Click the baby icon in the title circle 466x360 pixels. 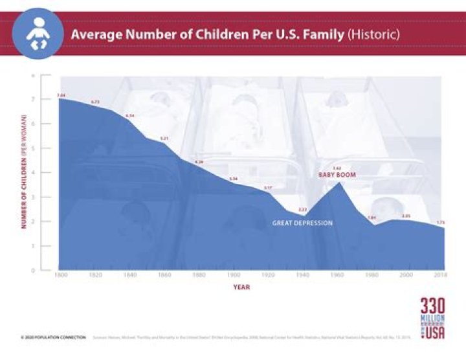pyautogui.click(x=38, y=34)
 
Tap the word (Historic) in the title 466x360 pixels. pyautogui.click(x=374, y=33)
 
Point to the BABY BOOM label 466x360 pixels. pyautogui.click(x=337, y=175)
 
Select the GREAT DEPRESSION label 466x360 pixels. pyautogui.click(x=303, y=223)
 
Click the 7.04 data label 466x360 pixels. pyautogui.click(x=61, y=95)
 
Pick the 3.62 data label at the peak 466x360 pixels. pyautogui.click(x=337, y=168)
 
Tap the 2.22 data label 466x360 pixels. pyautogui.click(x=302, y=210)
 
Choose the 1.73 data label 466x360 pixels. pyautogui.click(x=441, y=222)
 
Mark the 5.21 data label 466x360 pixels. pyautogui.click(x=164, y=138)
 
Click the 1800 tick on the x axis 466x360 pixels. pyautogui.click(x=59, y=276)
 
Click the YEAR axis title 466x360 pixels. pyautogui.click(x=241, y=287)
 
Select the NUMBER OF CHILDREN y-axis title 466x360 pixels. pyautogui.click(x=23, y=172)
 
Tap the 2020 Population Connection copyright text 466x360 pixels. pyautogui.click(x=53, y=337)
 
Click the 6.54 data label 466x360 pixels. pyautogui.click(x=130, y=116)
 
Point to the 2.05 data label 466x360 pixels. pyautogui.click(x=406, y=216)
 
